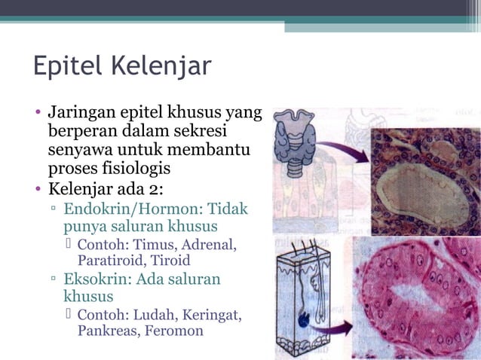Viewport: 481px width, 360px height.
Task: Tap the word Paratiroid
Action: tap(111, 261)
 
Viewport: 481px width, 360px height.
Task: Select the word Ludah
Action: tap(155, 314)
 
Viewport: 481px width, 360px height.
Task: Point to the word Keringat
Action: tap(211, 314)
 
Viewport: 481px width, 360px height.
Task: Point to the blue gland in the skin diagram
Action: tap(304, 320)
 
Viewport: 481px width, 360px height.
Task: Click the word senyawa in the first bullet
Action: tap(81, 150)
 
